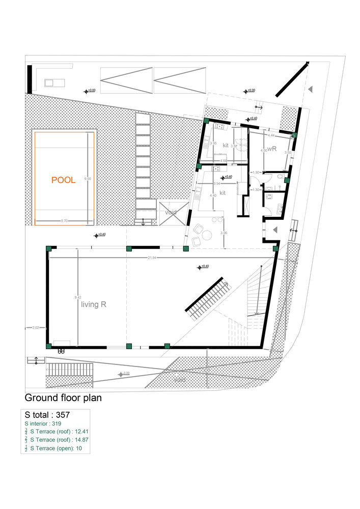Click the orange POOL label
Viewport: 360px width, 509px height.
point(63,180)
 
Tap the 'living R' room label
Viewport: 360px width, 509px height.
point(93,305)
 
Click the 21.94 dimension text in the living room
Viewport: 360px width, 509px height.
point(152,258)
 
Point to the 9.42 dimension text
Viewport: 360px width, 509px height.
point(77,297)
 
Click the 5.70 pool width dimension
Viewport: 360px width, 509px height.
point(64,221)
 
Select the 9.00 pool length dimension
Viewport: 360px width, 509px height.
point(88,179)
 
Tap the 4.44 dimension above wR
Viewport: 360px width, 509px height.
point(271,136)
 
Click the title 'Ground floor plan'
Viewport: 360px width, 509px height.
point(63,398)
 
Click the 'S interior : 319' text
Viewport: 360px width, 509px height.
point(46,423)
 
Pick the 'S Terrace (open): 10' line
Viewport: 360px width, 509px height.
point(56,448)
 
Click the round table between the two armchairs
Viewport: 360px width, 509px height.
point(207,235)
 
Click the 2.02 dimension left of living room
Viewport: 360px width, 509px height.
point(36,327)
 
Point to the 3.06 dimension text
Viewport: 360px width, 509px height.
point(224,233)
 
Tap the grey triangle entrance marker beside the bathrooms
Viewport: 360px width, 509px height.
point(275,230)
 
